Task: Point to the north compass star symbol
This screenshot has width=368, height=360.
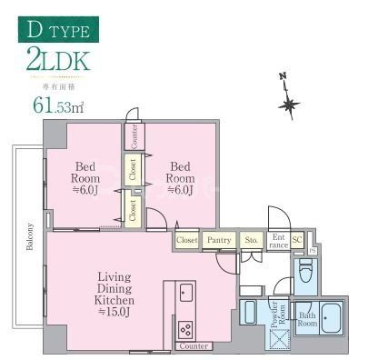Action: pos(290,105)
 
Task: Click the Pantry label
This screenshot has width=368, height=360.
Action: pos(219,240)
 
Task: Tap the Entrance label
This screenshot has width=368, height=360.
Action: pos(278,240)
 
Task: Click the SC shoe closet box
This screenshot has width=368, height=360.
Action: pos(298,240)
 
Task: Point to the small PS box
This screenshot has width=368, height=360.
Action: pos(312,249)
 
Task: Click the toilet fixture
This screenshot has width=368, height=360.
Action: pos(305,270)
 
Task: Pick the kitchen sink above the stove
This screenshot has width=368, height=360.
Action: pos(185,292)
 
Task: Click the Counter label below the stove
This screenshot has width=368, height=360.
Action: pos(194,346)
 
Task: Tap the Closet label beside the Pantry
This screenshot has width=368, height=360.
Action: pos(187,240)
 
